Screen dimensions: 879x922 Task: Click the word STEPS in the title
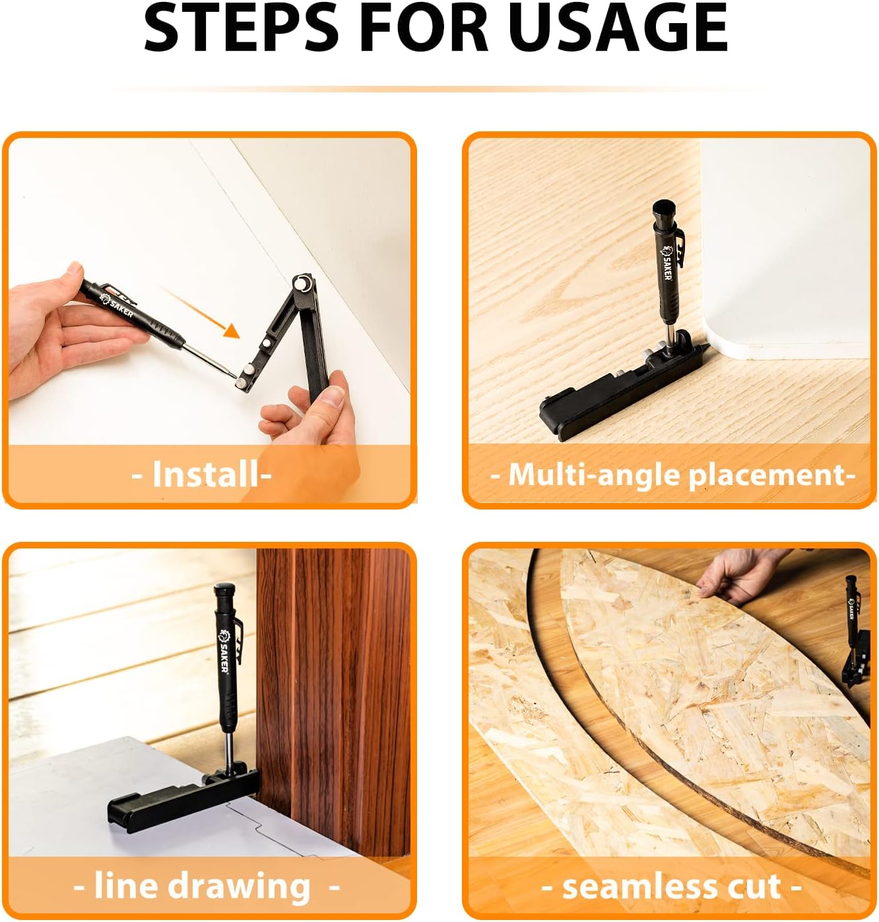(x=241, y=28)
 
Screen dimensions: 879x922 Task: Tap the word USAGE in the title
(x=618, y=28)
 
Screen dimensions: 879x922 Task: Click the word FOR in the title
(x=423, y=28)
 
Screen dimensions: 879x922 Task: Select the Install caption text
(x=205, y=475)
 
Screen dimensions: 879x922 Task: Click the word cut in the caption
(x=755, y=887)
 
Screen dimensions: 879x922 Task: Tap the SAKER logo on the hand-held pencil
(x=117, y=306)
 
